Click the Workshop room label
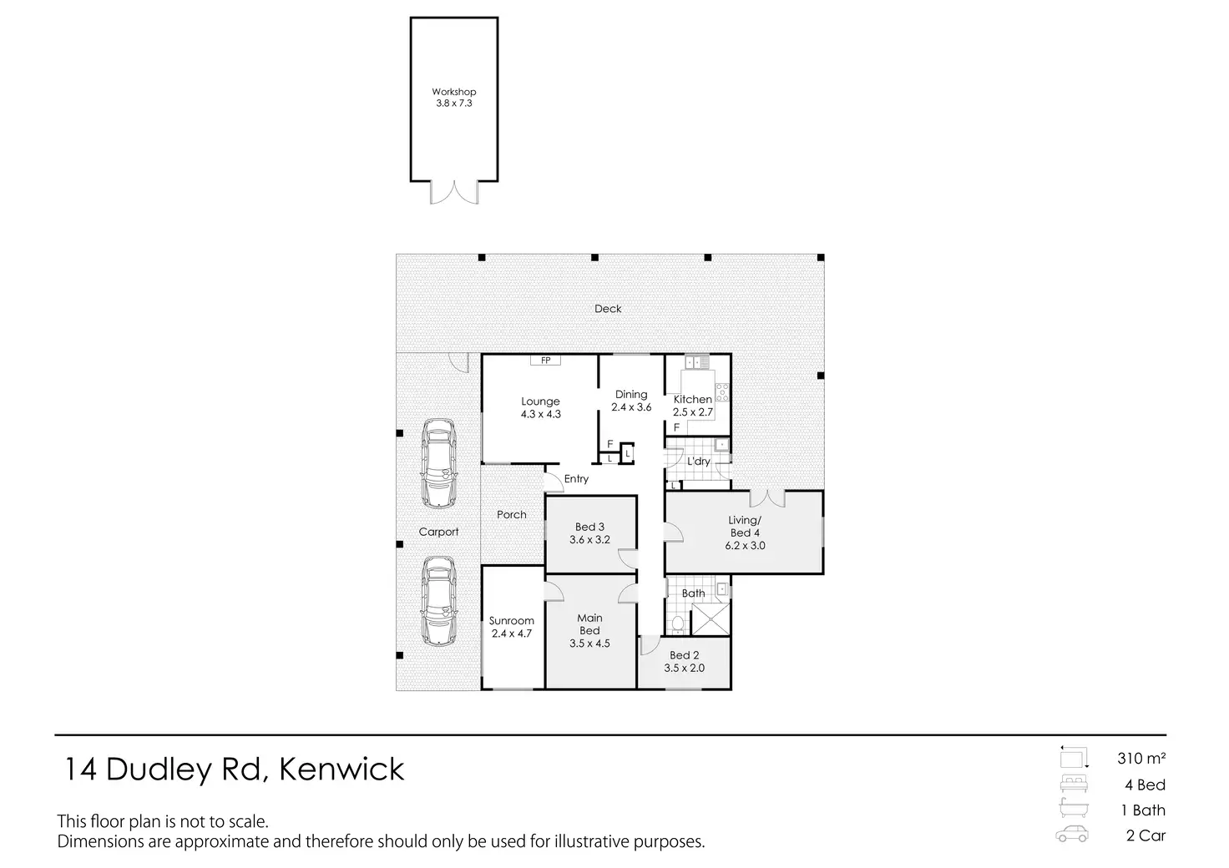click(x=453, y=92)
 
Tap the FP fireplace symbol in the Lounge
click(x=545, y=361)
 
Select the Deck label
click(x=608, y=309)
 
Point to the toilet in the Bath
click(x=678, y=624)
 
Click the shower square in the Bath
click(x=711, y=619)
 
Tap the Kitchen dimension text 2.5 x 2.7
click(x=693, y=411)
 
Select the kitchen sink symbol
click(x=697, y=362)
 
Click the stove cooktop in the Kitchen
click(x=722, y=392)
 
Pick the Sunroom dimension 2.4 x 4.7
click(x=511, y=633)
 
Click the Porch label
click(x=511, y=514)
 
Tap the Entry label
click(x=576, y=479)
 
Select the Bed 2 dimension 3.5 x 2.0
click(x=684, y=668)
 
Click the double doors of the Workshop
click(x=454, y=193)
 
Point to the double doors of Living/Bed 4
click(x=767, y=498)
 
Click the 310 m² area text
click(x=1141, y=759)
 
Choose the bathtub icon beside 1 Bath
click(x=1073, y=808)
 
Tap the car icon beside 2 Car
click(x=1072, y=834)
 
